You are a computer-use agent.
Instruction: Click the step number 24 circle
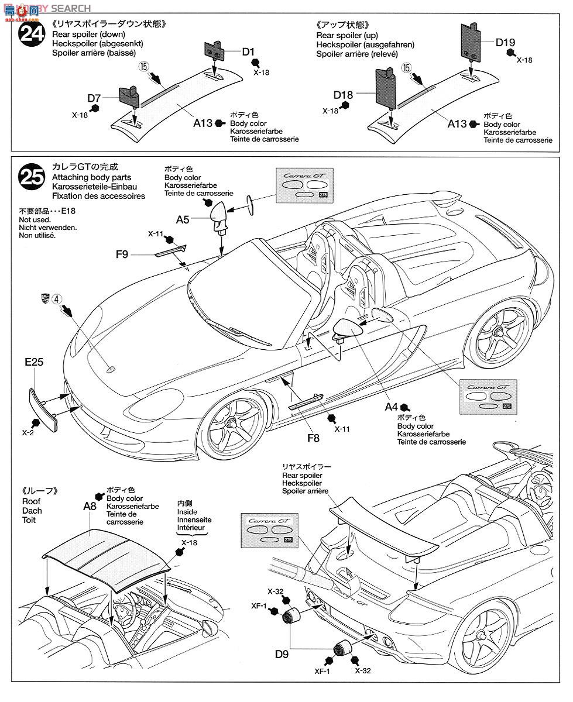pyautogui.click(x=32, y=35)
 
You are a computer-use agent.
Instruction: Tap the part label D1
pyautogui.click(x=249, y=52)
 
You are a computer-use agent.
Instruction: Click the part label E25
pyautogui.click(x=35, y=362)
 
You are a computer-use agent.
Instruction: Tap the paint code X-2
pyautogui.click(x=28, y=433)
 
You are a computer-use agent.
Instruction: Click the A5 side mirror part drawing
pyautogui.click(x=220, y=214)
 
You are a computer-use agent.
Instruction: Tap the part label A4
pyautogui.click(x=391, y=406)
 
